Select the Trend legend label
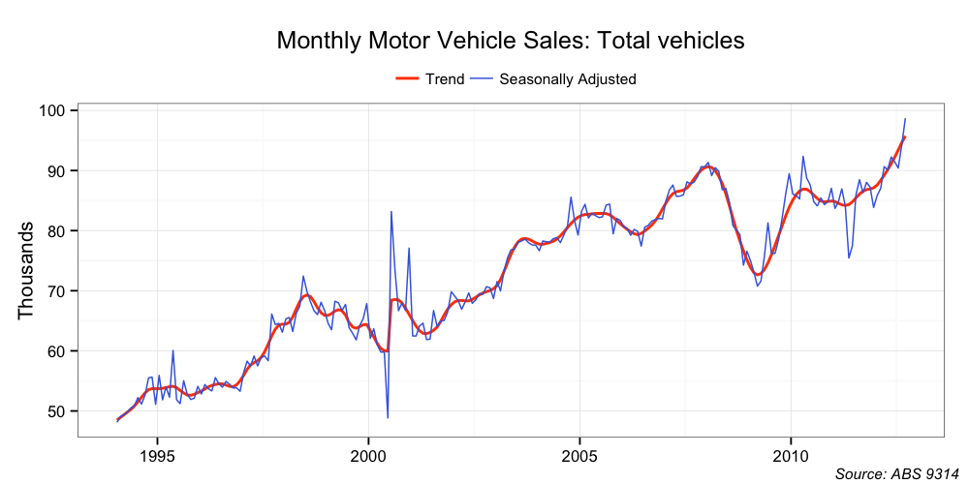(445, 79)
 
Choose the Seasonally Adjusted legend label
(567, 79)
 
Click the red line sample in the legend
(408, 79)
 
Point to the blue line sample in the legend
(482, 79)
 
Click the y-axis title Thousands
(26, 270)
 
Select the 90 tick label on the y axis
(57, 170)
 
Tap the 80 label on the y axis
(57, 230)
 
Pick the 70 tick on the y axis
(57, 290)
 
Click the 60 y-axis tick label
(57, 350)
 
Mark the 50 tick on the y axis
(57, 410)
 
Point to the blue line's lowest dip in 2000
(388, 417)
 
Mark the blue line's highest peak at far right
(905, 119)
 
